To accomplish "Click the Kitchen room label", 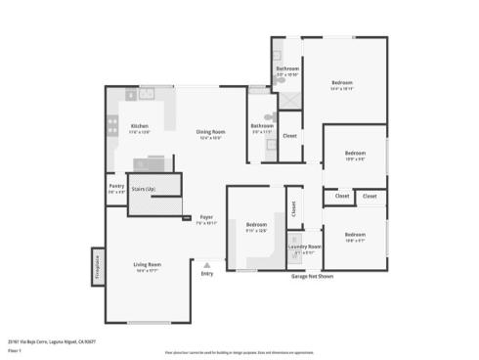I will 140,126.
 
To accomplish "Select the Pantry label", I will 116,186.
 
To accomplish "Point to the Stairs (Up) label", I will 144,188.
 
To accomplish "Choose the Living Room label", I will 148,264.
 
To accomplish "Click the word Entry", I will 206,274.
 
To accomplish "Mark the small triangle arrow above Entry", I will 206,264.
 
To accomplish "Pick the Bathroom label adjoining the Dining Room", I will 262,125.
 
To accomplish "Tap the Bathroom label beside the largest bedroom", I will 286,68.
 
